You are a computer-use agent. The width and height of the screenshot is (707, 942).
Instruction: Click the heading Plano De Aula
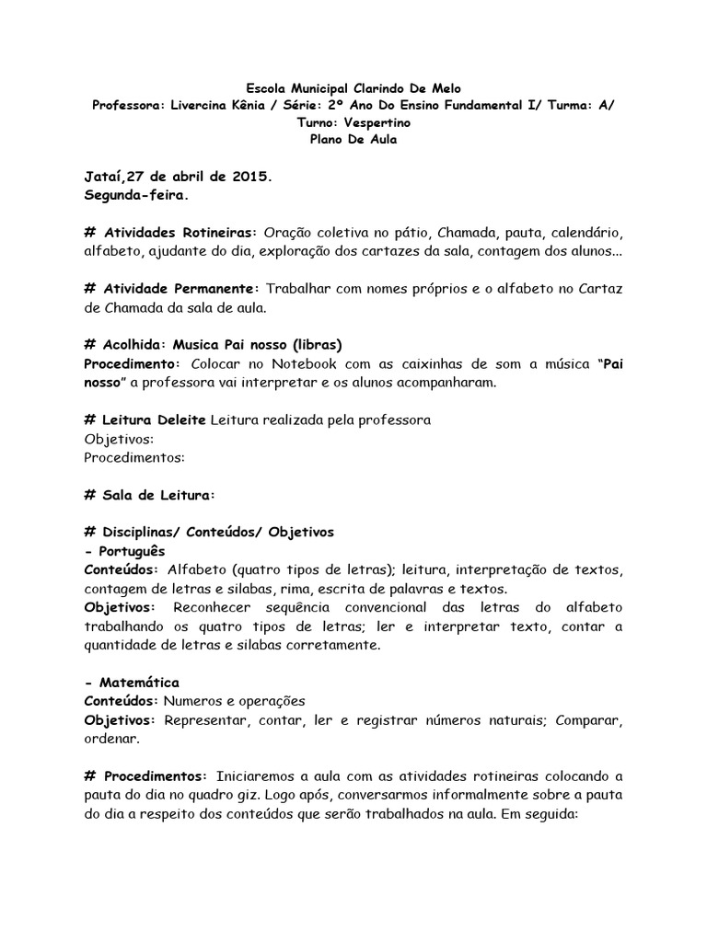pyautogui.click(x=353, y=138)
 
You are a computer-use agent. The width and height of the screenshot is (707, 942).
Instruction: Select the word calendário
pyautogui.click(x=586, y=233)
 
